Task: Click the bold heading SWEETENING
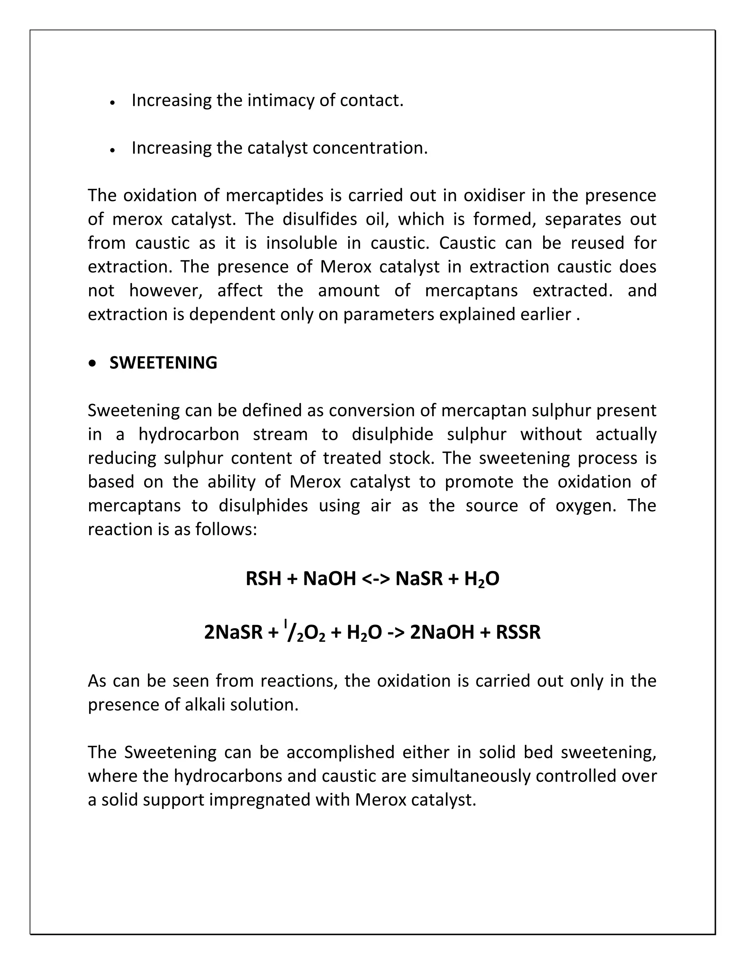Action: [x=163, y=363]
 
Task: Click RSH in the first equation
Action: [x=263, y=579]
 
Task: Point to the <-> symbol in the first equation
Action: [x=375, y=579]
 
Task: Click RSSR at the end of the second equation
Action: [x=518, y=633]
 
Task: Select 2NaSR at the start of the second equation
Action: [x=233, y=633]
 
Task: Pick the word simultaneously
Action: [x=471, y=776]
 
